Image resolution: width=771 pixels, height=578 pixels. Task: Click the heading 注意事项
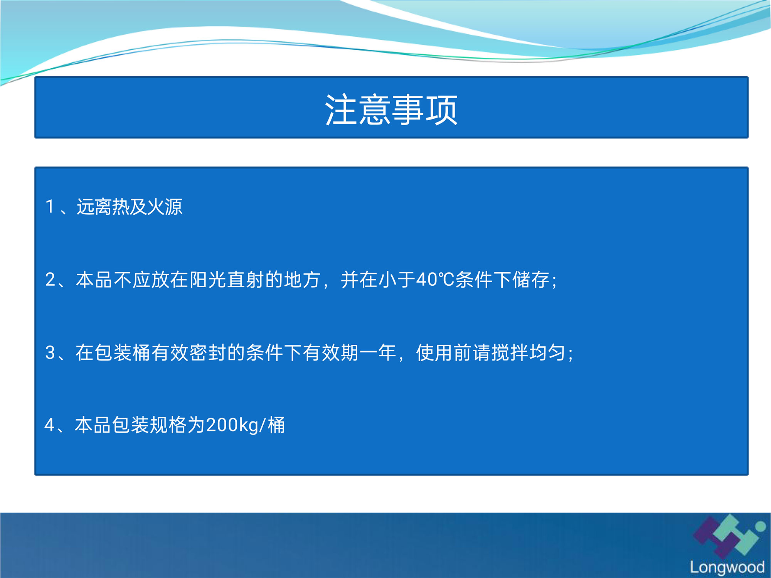(x=391, y=110)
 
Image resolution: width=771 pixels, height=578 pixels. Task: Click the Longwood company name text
(x=727, y=567)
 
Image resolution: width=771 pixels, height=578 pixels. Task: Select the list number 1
(x=50, y=207)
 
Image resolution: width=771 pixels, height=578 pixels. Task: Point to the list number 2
(x=51, y=280)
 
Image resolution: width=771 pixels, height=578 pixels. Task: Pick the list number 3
(x=51, y=352)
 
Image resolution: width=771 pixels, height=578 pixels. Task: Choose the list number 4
(x=50, y=425)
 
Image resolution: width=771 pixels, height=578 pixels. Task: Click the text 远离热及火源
(x=130, y=207)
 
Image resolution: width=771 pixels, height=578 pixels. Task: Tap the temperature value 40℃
(x=436, y=280)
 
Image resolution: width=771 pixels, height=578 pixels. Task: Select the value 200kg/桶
(x=246, y=425)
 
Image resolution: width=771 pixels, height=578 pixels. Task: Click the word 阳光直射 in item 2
(x=227, y=280)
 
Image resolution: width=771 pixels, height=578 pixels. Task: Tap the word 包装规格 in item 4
(x=149, y=425)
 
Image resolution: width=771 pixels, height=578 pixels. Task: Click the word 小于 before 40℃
(x=397, y=280)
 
